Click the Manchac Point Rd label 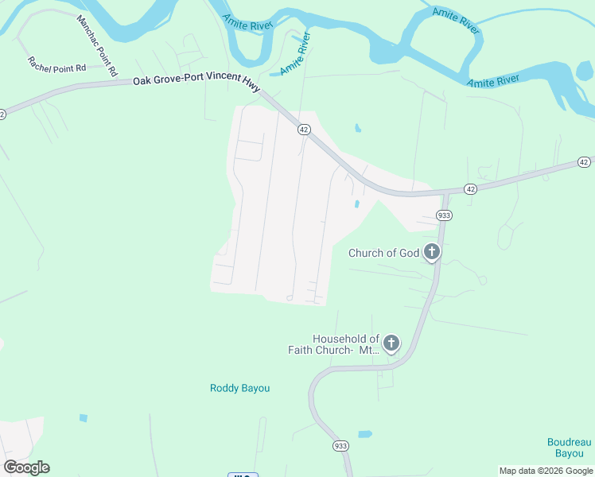point(97,45)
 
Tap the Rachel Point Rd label point(56,65)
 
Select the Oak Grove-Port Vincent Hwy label point(196,82)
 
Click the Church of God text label point(383,254)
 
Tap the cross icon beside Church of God point(431,253)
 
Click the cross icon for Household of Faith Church point(391,343)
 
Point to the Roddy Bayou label point(239,388)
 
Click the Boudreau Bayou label point(570,448)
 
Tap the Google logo point(26,467)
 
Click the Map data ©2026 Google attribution point(546,471)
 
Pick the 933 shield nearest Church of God point(444,215)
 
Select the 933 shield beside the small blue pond point(341,448)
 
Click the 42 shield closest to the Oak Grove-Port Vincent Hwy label point(303,129)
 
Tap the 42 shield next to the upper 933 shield point(471,189)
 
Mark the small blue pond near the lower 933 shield point(365,434)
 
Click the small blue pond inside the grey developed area point(356,204)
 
